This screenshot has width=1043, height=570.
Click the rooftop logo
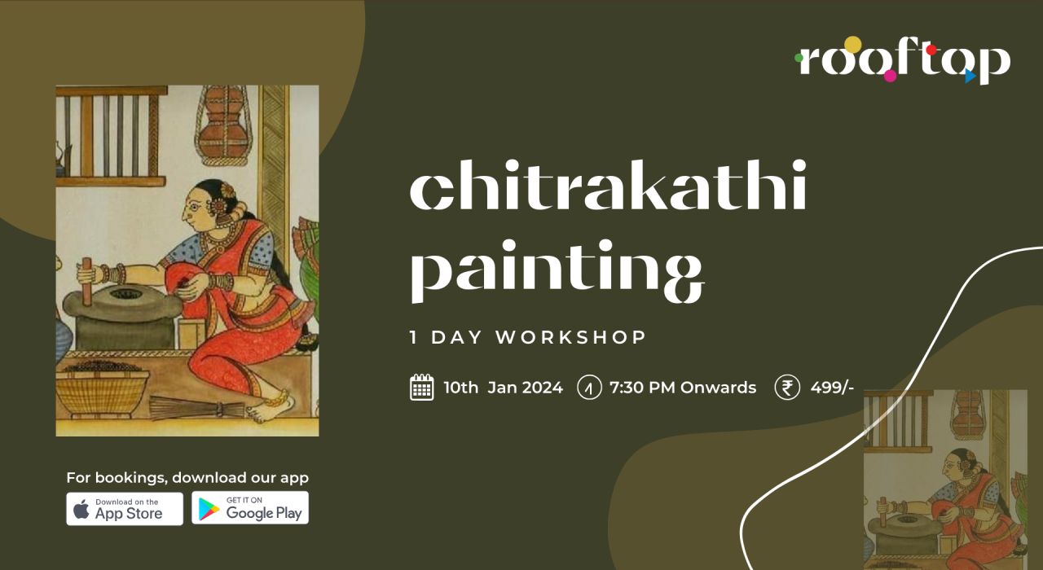click(x=903, y=61)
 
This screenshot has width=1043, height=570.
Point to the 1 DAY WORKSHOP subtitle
click(x=528, y=337)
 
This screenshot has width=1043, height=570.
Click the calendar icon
click(x=421, y=388)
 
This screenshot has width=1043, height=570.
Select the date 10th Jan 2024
click(x=503, y=388)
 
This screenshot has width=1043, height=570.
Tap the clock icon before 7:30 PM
click(x=589, y=388)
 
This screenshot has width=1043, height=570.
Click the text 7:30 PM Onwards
click(x=683, y=388)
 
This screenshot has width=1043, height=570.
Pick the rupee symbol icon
click(x=787, y=388)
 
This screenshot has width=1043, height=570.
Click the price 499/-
click(x=832, y=388)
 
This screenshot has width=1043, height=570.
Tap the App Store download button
click(x=125, y=508)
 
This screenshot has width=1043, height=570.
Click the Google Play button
click(x=250, y=508)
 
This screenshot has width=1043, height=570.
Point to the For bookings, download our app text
click(x=187, y=478)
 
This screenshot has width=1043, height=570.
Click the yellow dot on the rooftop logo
click(x=852, y=44)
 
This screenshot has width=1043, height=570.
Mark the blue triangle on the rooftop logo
click(x=970, y=76)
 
